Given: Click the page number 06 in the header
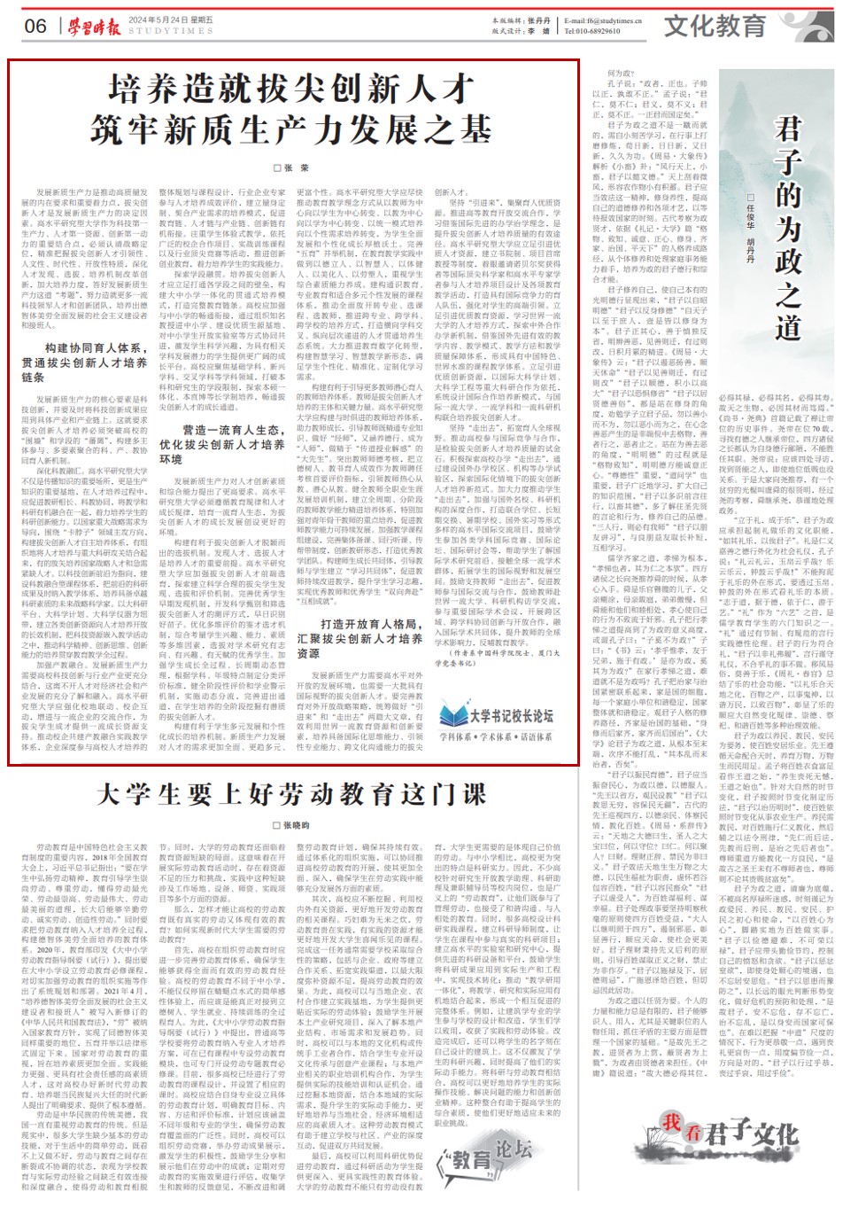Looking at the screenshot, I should [35, 26].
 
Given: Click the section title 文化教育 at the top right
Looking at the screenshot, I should [715, 25].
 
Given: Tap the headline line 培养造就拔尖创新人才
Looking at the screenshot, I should [292, 89].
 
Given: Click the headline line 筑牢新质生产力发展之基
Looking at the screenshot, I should [292, 131].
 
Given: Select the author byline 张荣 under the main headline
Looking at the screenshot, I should [292, 168].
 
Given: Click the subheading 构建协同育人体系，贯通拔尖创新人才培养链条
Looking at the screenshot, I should [83, 362].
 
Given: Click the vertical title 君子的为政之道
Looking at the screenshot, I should [787, 226].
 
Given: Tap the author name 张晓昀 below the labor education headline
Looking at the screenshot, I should [292, 825].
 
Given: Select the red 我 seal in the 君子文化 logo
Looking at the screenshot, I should [672, 1123].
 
